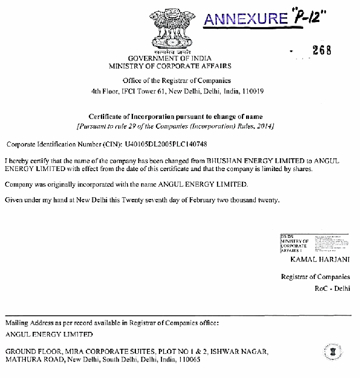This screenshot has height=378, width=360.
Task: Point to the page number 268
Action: coord(322,50)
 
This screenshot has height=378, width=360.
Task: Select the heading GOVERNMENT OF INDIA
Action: coord(170,58)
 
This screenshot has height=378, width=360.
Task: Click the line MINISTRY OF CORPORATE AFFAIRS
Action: coord(170,66)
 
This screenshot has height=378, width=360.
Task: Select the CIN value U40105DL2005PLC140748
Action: coord(166,144)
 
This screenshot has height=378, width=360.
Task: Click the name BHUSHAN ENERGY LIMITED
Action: coord(255,161)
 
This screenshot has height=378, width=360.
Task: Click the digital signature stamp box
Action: coord(314,243)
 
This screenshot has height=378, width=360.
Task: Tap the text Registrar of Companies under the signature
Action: coord(316,277)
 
